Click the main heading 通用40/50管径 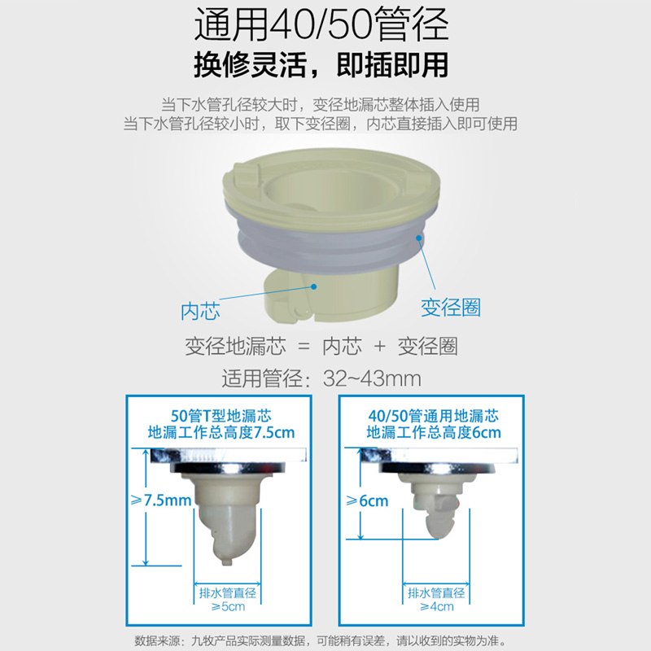321,24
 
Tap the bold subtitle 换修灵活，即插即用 321,65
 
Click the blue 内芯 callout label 200,311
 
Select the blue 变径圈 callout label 451,308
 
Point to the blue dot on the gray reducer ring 419,238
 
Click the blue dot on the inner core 314,286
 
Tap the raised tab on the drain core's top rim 247,173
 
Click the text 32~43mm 372,378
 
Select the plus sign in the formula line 379,346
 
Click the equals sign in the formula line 304,347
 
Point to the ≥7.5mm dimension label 161,500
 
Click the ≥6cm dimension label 367,501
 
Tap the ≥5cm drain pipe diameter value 228,606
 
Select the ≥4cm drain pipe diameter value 437,606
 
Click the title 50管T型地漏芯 221,416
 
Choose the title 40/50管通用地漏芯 434,416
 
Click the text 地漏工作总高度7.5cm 221,433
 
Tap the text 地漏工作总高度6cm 434,433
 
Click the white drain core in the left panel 226,519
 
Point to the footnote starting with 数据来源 320,640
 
